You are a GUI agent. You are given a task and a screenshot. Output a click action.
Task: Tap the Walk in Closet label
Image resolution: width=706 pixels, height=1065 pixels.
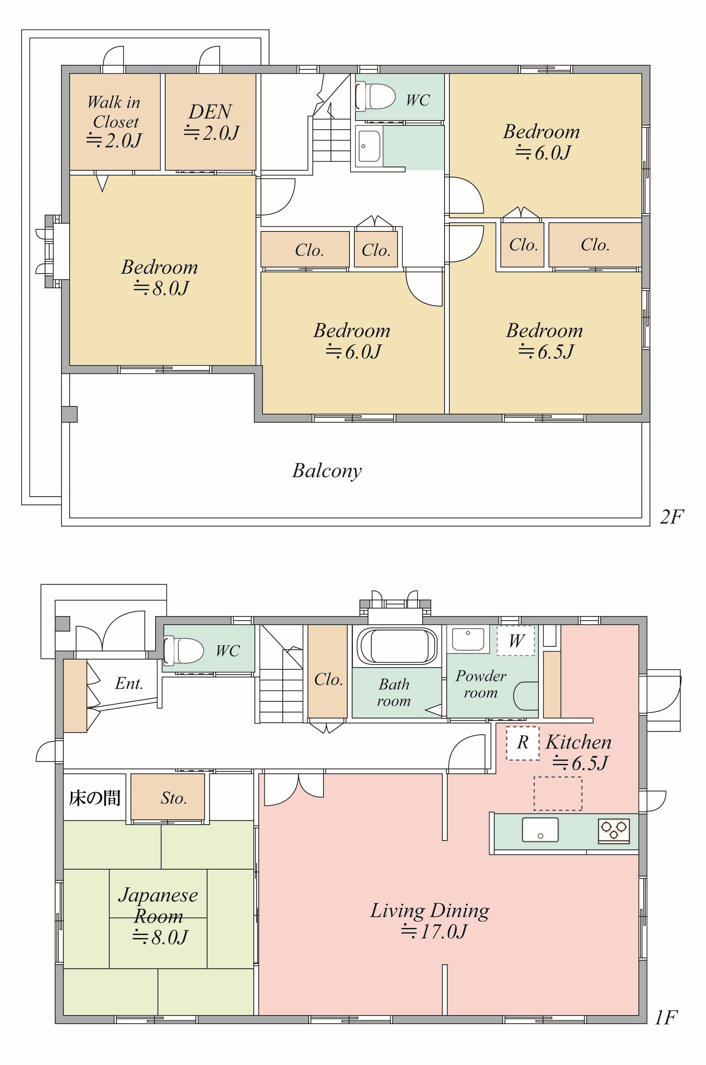click(114, 112)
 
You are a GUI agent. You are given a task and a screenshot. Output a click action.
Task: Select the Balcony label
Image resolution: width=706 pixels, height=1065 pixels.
click(327, 471)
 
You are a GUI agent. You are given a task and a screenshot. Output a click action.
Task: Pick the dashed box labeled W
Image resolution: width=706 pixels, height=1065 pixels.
click(516, 640)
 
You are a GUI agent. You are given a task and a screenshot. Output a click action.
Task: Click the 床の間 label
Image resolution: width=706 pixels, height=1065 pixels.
click(94, 798)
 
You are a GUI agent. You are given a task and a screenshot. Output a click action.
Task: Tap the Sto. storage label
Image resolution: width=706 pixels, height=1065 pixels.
click(174, 798)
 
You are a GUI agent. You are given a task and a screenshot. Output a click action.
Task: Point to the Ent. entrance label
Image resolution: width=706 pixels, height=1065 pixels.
click(129, 683)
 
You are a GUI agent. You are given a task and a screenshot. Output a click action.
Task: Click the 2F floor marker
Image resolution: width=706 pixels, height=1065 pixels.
click(672, 517)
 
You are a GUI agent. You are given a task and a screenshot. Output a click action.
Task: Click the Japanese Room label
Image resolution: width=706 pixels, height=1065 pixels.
click(158, 906)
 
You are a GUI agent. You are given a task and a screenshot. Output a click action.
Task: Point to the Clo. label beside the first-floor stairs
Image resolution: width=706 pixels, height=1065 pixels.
click(329, 679)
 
